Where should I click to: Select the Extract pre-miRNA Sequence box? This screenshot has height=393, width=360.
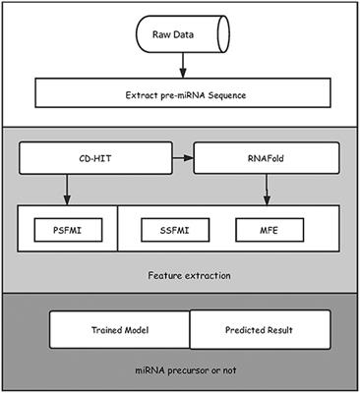[x=180, y=94]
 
